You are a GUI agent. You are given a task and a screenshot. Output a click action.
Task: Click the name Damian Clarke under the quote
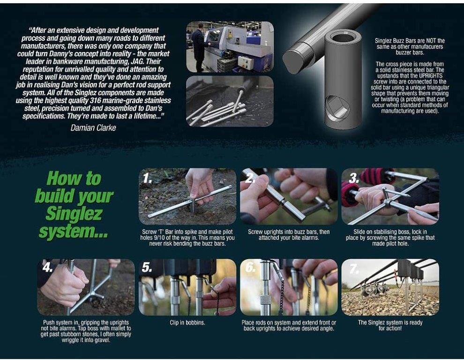(93, 127)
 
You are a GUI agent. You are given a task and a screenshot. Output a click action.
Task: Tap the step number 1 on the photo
(147, 178)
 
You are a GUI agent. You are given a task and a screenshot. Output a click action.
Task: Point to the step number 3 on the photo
(354, 178)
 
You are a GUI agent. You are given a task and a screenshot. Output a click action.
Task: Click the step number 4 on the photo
(47, 267)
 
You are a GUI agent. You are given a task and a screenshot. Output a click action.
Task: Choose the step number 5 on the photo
(147, 267)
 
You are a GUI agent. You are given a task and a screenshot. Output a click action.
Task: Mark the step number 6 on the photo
(250, 267)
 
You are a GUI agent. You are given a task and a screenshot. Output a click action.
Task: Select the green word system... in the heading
(74, 231)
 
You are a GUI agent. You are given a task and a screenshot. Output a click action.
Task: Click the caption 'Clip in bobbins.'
(187, 322)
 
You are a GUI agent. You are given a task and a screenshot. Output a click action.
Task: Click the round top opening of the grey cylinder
(344, 38)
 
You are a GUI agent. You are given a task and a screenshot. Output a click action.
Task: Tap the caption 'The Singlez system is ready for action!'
(390, 325)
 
